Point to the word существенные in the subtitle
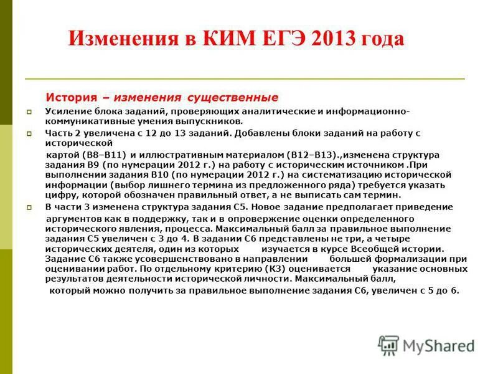tap(230, 98)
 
